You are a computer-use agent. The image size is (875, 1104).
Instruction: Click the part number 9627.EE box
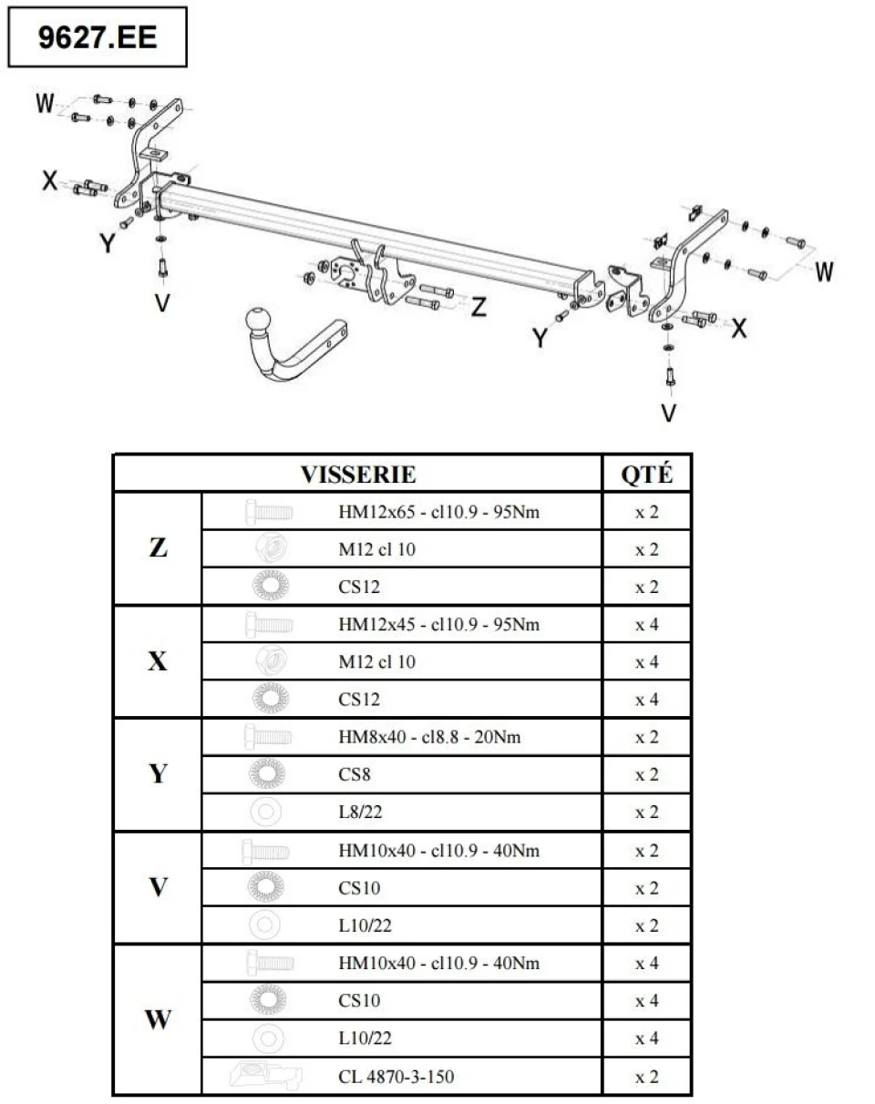click(98, 37)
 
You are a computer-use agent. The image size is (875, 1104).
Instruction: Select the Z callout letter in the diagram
click(479, 307)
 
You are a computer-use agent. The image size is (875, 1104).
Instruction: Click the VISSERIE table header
click(358, 474)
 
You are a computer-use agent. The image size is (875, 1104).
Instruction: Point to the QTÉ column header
click(646, 474)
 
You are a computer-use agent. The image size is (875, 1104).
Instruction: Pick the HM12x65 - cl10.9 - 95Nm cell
click(439, 512)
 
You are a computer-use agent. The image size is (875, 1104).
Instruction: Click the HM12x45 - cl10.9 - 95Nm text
click(439, 624)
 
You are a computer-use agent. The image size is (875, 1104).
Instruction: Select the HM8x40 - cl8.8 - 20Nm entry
click(429, 737)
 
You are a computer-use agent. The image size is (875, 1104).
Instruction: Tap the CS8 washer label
click(355, 774)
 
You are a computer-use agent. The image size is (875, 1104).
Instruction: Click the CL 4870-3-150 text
click(396, 1077)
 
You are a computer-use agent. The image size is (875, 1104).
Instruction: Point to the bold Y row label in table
click(158, 773)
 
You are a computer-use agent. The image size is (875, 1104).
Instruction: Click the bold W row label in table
click(158, 1019)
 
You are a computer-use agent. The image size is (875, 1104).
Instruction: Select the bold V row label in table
click(158, 887)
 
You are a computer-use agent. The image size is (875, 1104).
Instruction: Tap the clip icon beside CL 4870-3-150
click(266, 1076)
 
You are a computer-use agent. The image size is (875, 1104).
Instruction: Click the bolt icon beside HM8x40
click(268, 737)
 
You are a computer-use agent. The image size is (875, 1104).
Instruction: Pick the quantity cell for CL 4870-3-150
click(646, 1077)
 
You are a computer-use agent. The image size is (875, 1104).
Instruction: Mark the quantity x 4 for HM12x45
click(646, 625)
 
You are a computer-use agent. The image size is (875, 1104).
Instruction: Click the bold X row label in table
click(158, 661)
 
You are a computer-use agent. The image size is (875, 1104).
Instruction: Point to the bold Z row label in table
click(158, 547)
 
